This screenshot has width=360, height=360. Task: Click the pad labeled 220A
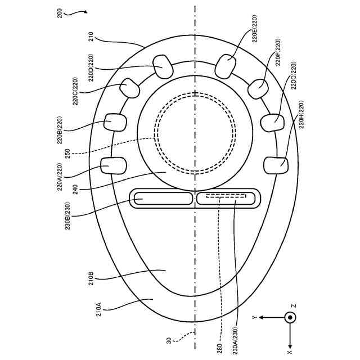click(114, 165)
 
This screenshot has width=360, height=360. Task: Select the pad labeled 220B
click(117, 122)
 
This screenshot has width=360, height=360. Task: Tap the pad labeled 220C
click(130, 88)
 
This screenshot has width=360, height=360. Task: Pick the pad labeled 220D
click(163, 67)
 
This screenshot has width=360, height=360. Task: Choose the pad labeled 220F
click(259, 89)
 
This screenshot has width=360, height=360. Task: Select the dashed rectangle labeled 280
click(225, 196)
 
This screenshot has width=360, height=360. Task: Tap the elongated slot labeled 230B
click(162, 197)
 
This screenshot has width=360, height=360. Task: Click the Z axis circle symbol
click(290, 317)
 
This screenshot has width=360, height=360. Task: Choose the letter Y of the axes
click(255, 318)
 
